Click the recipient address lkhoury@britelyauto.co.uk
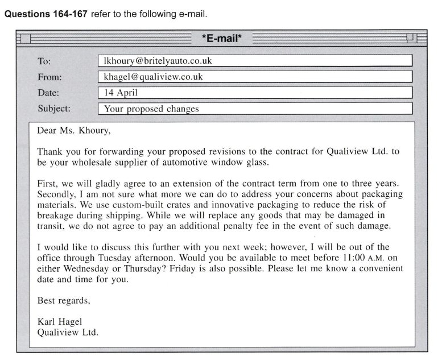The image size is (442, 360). point(159,60)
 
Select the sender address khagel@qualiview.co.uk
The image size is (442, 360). point(153,76)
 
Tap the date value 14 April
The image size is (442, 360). point(121,92)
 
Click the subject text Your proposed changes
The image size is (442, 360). point(151,108)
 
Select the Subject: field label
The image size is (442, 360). point(54,107)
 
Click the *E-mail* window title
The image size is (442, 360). point(222,39)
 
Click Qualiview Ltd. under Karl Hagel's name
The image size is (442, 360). point(68,333)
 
